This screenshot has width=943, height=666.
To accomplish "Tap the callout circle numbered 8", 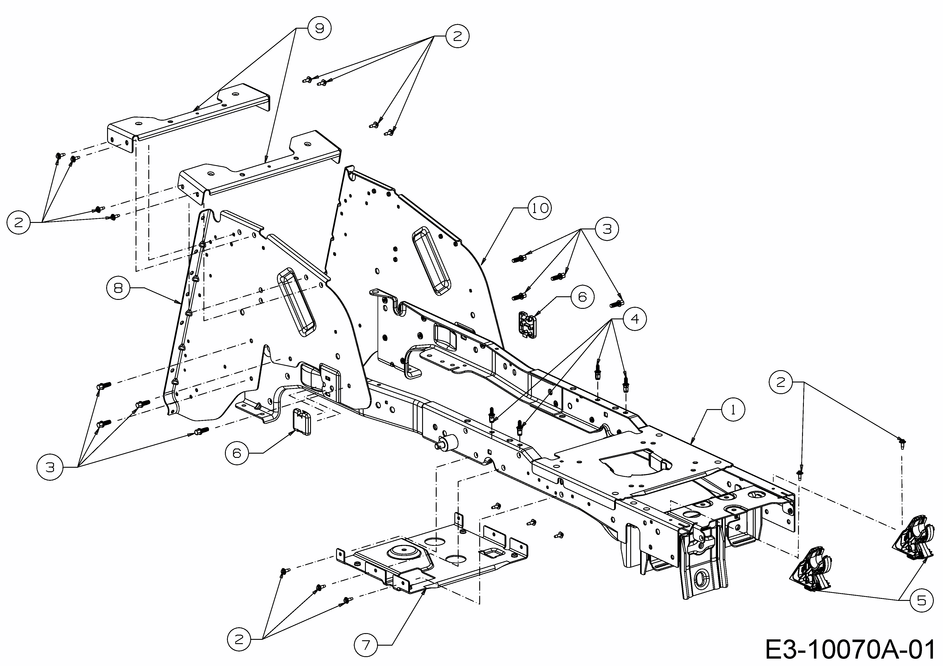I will tap(118, 288).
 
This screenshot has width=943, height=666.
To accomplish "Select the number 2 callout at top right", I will tap(457, 36).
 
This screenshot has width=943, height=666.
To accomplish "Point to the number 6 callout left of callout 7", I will tap(237, 453).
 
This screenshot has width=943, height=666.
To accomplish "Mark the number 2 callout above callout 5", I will tap(780, 382).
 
